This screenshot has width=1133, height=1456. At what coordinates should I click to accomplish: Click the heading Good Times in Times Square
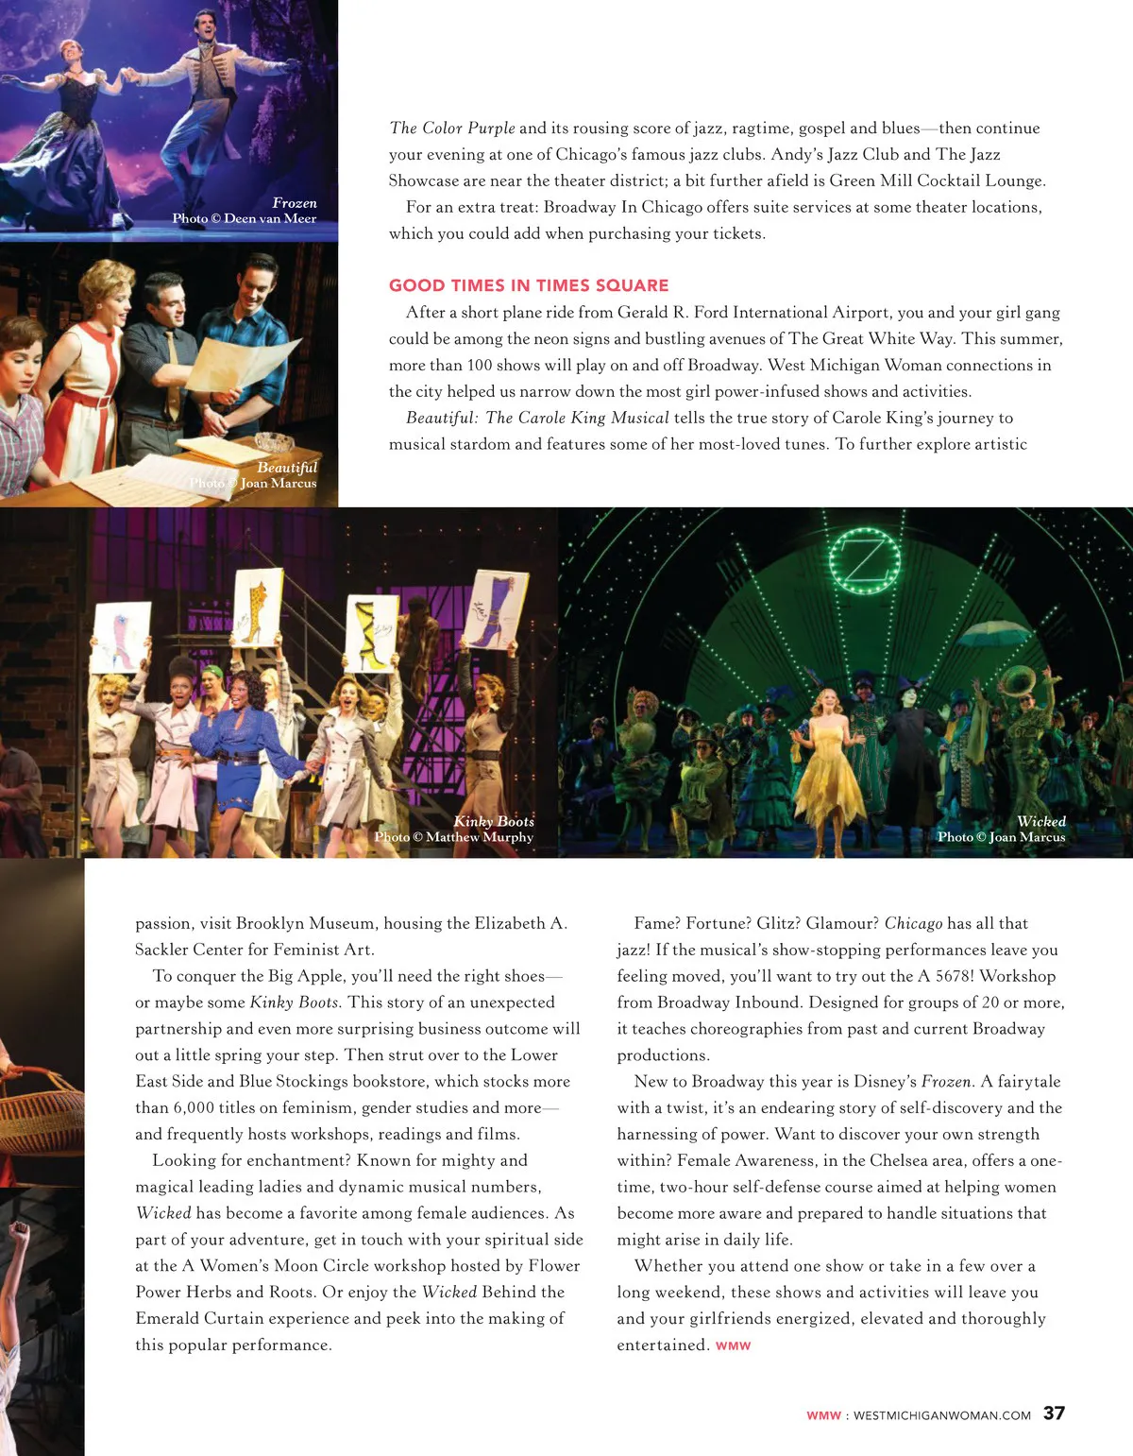(x=529, y=285)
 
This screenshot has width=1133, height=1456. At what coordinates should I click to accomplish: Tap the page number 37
(x=1054, y=1413)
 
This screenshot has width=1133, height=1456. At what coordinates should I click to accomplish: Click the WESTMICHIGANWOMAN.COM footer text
(x=941, y=1415)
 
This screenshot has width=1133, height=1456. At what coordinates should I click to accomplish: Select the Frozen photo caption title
(x=295, y=203)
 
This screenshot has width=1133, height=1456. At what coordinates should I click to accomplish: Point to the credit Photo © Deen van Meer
(x=244, y=218)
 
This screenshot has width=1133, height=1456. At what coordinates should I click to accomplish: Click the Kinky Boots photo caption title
(x=493, y=821)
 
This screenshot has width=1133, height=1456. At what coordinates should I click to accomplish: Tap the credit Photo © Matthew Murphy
(x=453, y=837)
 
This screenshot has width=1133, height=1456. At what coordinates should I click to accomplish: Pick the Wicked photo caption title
(x=1040, y=821)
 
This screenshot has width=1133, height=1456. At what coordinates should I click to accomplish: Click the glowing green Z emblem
(x=864, y=561)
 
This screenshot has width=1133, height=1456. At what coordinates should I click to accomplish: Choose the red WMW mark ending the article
(x=733, y=1345)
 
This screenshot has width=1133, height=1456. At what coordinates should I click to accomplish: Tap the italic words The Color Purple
(x=452, y=128)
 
